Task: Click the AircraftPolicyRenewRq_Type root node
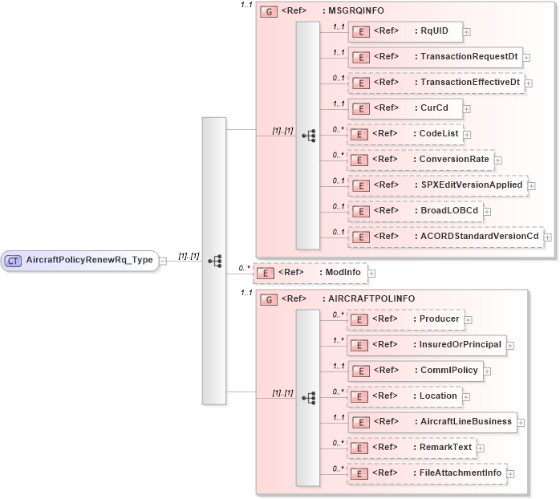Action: (x=80, y=260)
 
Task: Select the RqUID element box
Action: (x=405, y=32)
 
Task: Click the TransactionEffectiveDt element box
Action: (x=436, y=83)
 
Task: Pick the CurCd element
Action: (x=405, y=108)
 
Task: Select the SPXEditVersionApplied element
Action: (x=437, y=185)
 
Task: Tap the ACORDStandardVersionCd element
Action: (x=445, y=237)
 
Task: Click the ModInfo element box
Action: (x=310, y=274)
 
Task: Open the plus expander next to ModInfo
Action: (x=371, y=274)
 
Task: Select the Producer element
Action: (x=405, y=319)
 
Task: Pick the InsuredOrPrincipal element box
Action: (x=427, y=345)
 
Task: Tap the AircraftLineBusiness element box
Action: (x=432, y=421)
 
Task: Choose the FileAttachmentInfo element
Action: (x=427, y=473)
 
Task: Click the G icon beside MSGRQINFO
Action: (x=270, y=12)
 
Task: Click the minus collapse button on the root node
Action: (x=164, y=261)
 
